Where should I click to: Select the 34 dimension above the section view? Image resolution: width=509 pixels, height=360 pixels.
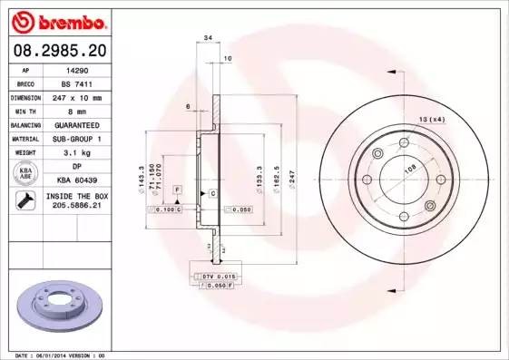pyautogui.click(x=209, y=39)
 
